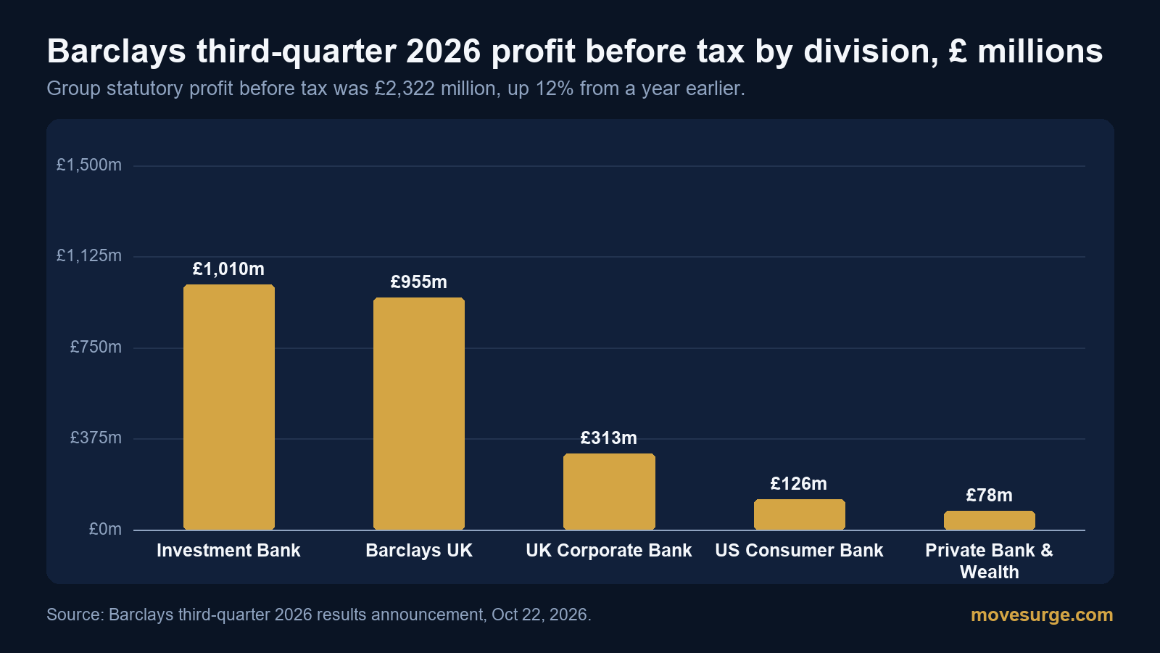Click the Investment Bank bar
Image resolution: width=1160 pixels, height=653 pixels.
click(x=229, y=407)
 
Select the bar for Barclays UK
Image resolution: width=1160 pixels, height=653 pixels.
click(x=419, y=414)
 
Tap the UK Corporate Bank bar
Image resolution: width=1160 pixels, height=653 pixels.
click(x=609, y=492)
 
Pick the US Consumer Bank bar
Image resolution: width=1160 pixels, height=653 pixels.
click(x=800, y=514)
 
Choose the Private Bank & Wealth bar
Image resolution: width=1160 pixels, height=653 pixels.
click(x=990, y=520)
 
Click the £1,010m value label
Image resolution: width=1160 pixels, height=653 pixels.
click(x=228, y=269)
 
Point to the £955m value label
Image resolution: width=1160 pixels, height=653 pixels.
click(x=418, y=282)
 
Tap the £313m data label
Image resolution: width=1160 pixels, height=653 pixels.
click(x=608, y=438)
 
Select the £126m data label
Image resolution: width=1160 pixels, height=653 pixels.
click(x=798, y=483)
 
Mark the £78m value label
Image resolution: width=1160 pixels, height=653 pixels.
click(x=989, y=496)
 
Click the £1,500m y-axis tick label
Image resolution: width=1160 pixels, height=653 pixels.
click(x=89, y=165)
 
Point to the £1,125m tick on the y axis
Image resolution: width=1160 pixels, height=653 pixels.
click(x=89, y=255)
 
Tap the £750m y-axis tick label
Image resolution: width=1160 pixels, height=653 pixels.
click(x=96, y=347)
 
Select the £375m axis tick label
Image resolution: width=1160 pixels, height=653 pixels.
click(x=96, y=438)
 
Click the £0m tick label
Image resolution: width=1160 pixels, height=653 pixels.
click(x=105, y=529)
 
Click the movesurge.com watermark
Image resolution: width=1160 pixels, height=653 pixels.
click(x=1042, y=615)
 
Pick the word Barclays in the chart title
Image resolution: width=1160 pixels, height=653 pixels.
click(x=117, y=52)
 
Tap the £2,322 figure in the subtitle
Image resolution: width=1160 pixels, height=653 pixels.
click(x=405, y=89)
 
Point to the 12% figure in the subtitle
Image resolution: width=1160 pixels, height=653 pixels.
click(x=554, y=89)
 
